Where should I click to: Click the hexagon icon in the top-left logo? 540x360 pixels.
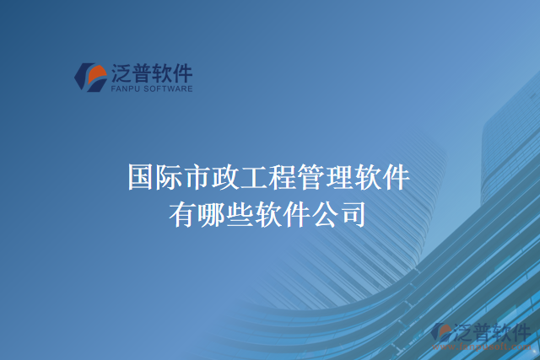click(90, 77)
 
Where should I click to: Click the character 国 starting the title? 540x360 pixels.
click(140, 178)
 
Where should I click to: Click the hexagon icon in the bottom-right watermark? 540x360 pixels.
click(443, 335)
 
